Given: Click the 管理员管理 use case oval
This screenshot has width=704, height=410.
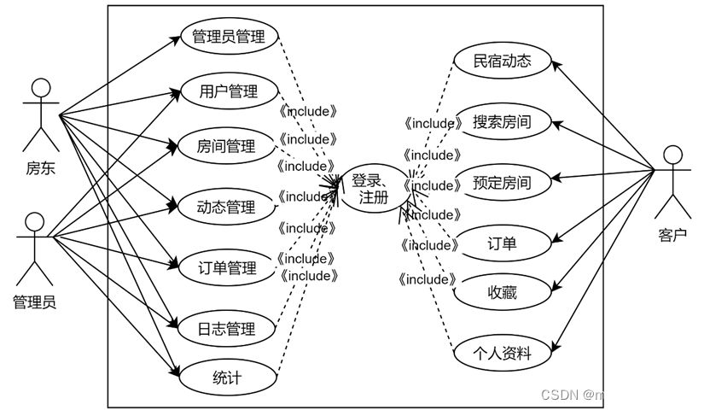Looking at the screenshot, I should point(229,36).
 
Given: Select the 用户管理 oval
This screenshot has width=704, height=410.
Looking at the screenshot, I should point(229,91).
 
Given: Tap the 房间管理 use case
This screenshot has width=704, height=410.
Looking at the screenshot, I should point(226,146).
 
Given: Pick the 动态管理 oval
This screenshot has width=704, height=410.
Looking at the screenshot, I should point(226,207).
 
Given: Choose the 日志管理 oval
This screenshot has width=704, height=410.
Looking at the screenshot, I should point(226,329).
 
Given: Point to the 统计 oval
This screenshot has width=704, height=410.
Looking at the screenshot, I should point(226,377).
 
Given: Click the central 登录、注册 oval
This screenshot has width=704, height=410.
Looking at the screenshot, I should point(374,189).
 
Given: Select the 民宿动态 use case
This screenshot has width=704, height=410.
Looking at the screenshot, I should point(503,61).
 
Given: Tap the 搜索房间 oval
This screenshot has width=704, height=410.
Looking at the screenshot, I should point(502,122).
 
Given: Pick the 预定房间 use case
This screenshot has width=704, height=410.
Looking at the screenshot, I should point(502,183).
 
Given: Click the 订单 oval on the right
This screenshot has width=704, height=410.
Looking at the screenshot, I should point(502,244).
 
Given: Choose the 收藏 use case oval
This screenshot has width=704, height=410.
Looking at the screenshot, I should point(502,293).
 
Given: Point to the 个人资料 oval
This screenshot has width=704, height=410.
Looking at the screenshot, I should point(502,353).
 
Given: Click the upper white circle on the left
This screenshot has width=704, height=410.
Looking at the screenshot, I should point(41,87).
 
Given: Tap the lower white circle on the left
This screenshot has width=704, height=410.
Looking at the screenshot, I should point(35,222).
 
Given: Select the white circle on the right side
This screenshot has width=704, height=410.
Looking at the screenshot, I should point(673,155).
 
